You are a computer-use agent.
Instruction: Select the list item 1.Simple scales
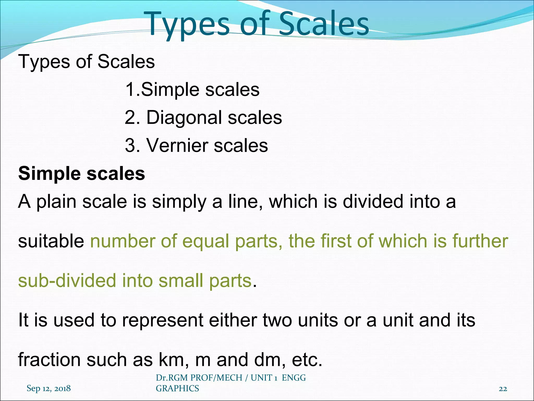pos(192,90)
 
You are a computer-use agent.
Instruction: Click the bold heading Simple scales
pos(82,174)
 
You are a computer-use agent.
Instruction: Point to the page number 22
pos(503,389)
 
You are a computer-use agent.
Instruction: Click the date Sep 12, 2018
pos(48,388)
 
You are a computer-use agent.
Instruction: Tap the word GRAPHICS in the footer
pos(177,388)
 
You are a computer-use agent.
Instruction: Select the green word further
pos(480,241)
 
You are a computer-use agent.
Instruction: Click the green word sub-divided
pos(67,281)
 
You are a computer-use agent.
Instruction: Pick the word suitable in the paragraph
pos(51,241)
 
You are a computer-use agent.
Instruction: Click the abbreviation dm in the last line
pos(269,360)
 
